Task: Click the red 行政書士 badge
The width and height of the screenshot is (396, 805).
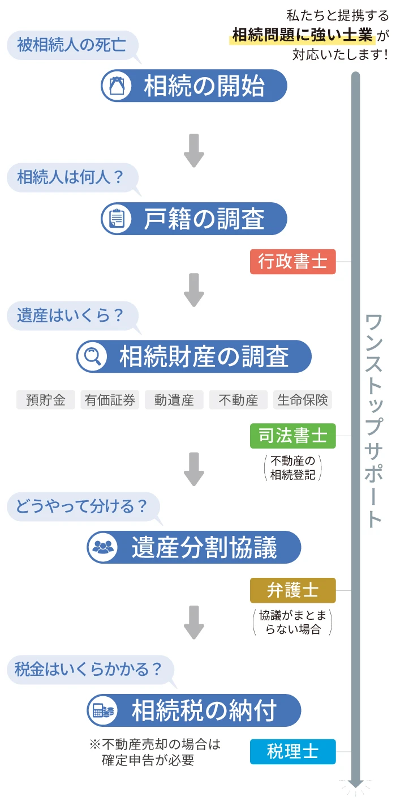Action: click(292, 262)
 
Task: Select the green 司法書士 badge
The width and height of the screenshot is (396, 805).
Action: click(292, 436)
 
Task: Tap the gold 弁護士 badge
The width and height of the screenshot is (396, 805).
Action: click(292, 590)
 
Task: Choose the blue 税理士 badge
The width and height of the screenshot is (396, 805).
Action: click(292, 752)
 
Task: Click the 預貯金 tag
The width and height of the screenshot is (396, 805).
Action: click(46, 400)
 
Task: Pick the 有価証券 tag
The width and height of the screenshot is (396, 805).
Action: click(110, 400)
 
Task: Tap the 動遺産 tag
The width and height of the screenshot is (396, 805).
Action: click(174, 400)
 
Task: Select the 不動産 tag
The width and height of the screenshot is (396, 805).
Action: click(238, 400)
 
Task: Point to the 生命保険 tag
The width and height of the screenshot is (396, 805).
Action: click(303, 400)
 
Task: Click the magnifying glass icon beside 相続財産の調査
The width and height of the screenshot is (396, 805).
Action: click(92, 356)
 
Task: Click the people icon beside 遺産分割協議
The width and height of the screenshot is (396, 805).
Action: click(102, 547)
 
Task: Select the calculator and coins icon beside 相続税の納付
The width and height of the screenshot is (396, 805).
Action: click(102, 710)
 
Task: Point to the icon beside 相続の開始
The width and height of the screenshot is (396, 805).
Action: click(116, 86)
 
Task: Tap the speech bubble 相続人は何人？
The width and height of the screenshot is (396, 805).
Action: click(71, 177)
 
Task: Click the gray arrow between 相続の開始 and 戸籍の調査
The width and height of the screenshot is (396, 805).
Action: click(194, 151)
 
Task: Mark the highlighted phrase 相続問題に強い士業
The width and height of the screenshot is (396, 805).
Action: click(303, 35)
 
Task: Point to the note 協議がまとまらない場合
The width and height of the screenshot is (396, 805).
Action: click(292, 622)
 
